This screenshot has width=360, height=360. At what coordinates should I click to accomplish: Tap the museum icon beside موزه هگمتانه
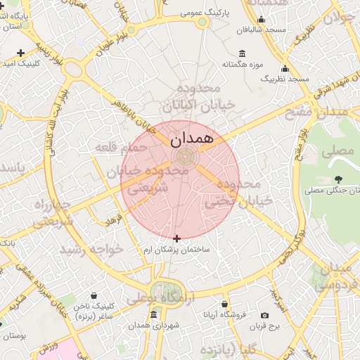pos(243,53)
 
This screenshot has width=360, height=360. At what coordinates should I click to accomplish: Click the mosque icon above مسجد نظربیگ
pos(285,69)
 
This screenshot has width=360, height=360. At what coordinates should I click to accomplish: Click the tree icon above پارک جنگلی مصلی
pos(339,179)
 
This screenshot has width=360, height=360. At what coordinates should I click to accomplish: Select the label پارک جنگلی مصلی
pos(333,190)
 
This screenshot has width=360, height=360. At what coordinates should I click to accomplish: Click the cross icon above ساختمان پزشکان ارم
pos(176,239)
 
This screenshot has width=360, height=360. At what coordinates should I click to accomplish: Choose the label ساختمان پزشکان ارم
pos(176,250)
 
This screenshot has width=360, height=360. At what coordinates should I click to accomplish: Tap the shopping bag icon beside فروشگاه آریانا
pos(224,304)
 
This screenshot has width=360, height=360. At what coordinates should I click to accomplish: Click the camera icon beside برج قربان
pos(264,316)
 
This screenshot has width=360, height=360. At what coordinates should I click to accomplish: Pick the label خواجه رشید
pos(91,249)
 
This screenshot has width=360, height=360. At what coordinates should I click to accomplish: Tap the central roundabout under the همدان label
pos(181,155)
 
